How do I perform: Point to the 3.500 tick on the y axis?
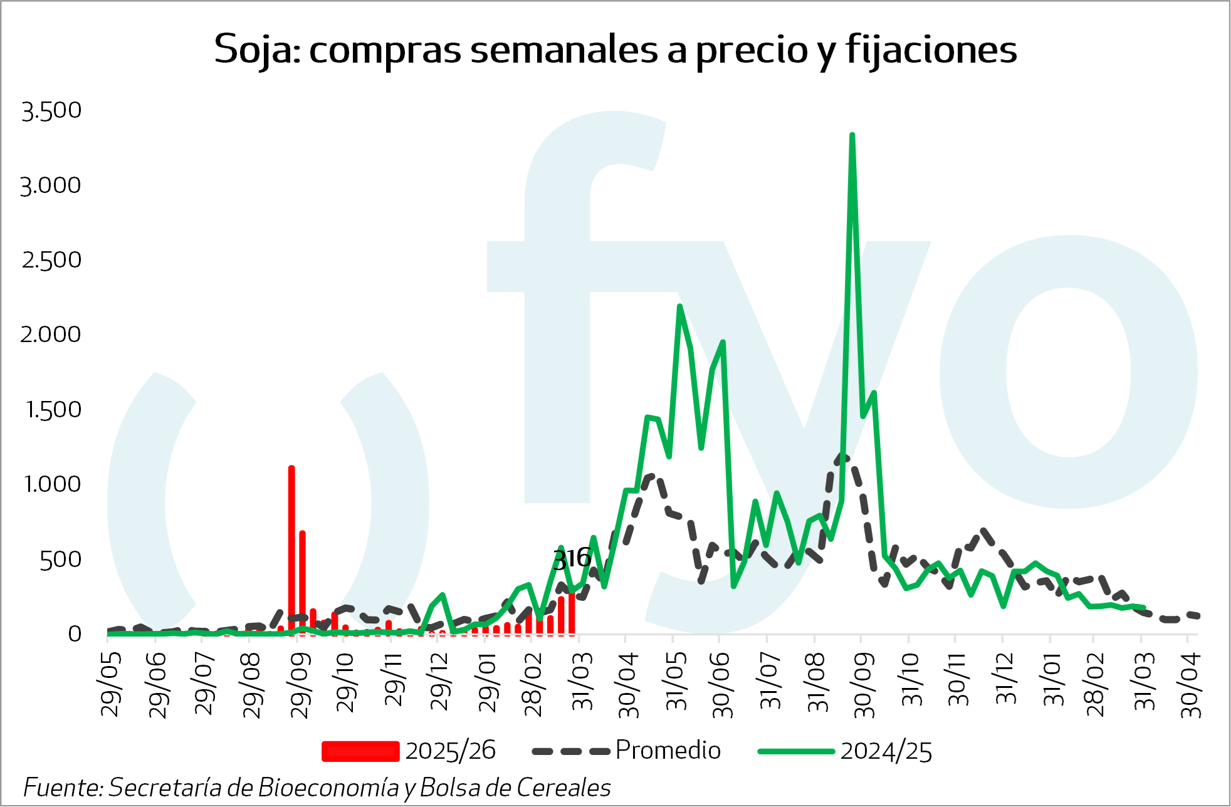pyautogui.click(x=51, y=111)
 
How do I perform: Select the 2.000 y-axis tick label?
pyautogui.click(x=51, y=335)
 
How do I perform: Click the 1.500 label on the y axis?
pyautogui.click(x=53, y=410)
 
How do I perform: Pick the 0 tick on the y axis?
pyautogui.click(x=75, y=634)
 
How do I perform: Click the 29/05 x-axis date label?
pyautogui.click(x=111, y=684)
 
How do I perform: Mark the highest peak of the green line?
pyautogui.click(x=852, y=136)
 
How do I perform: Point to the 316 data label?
pyautogui.click(x=572, y=558)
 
